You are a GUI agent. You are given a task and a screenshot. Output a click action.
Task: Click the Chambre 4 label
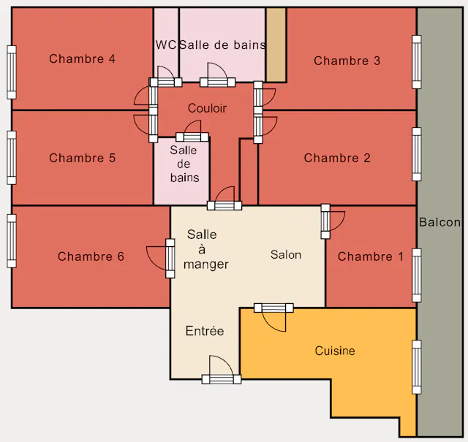[82, 58]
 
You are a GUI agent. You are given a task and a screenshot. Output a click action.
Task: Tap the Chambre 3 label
[347, 61]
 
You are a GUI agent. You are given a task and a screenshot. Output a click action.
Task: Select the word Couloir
[207, 108]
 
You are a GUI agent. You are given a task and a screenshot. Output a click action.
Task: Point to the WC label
[166, 45]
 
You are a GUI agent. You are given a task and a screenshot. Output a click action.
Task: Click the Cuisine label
[335, 351]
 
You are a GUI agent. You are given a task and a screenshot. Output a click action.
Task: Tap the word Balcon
[439, 222]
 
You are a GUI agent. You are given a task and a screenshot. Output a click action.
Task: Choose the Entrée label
[205, 331]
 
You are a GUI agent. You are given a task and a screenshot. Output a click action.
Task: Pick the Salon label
[286, 255]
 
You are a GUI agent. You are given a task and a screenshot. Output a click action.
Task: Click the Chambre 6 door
[161, 259]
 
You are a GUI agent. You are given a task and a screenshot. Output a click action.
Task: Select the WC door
[166, 77]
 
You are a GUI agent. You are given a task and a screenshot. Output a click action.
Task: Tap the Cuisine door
[273, 317]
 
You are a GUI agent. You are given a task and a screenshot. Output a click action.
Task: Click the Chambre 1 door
[333, 221]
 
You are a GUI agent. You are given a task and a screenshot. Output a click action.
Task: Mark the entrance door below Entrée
[222, 370]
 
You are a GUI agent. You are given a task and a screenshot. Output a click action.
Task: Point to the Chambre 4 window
[12, 72]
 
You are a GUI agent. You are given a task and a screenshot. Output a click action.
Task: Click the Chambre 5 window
[12, 158]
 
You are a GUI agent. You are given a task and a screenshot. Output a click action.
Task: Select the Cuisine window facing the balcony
[417, 367]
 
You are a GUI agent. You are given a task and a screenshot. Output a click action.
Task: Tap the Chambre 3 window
[417, 62]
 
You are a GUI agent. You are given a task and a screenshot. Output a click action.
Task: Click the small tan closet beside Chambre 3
[276, 45]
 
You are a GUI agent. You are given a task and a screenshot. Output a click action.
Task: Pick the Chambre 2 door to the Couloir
[265, 126]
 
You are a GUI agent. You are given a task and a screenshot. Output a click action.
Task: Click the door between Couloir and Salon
[224, 198]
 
